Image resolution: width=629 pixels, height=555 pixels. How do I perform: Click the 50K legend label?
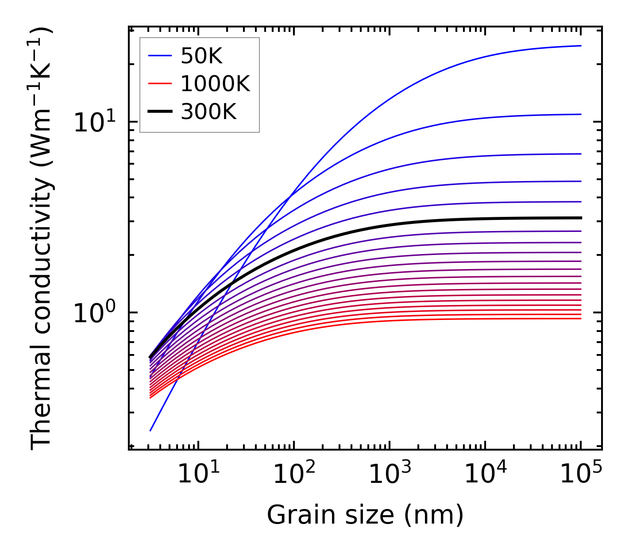pos(201,56)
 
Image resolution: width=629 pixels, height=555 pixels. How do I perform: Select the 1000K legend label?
pos(215,84)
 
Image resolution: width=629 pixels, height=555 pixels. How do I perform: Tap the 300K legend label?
pos(208,112)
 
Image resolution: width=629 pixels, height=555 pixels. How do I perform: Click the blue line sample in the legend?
pos(159,56)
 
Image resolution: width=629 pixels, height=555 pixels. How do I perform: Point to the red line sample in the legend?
pos(159,84)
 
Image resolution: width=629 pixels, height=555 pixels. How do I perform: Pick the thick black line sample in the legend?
pos(159,112)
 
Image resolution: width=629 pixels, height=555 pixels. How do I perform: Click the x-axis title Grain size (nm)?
pos(365,515)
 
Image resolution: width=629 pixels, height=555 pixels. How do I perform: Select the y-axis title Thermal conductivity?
pos(42,238)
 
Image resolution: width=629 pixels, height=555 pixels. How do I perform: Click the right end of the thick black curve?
pos(581,218)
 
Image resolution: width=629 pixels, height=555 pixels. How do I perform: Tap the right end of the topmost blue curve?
pos(581,46)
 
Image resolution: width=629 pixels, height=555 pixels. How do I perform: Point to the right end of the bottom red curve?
pos(581,319)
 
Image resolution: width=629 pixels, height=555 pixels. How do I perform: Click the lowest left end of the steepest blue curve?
pos(150,431)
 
